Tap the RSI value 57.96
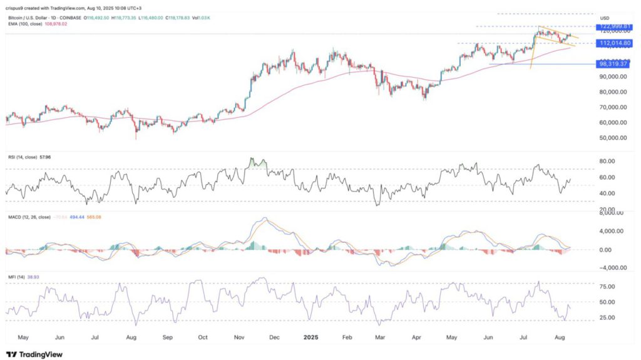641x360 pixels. pos(44,157)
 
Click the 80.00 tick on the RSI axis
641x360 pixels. pos(608,161)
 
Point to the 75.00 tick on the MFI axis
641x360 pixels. pos(608,287)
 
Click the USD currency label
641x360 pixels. pos(605,18)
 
